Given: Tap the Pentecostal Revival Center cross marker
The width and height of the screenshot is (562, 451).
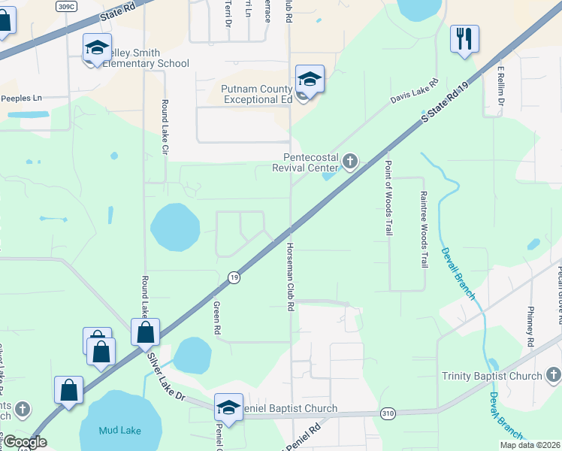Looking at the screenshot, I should click(x=349, y=160).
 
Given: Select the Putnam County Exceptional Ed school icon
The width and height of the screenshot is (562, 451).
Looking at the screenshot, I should click(x=310, y=79).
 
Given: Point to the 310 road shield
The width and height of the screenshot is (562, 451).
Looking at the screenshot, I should click(x=388, y=413).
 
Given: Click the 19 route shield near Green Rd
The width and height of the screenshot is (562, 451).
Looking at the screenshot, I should click(x=234, y=278).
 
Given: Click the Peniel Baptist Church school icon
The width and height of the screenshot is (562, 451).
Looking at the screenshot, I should click(x=228, y=407).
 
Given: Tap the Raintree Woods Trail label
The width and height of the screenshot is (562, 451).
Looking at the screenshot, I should click(x=423, y=229).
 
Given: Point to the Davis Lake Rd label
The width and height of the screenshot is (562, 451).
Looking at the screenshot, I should click(x=413, y=93).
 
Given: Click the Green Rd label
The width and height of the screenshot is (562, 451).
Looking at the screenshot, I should click(x=217, y=318).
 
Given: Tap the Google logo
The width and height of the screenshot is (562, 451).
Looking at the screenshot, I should click(x=24, y=442).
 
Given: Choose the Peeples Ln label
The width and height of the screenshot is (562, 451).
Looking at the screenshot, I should click(x=21, y=98).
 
